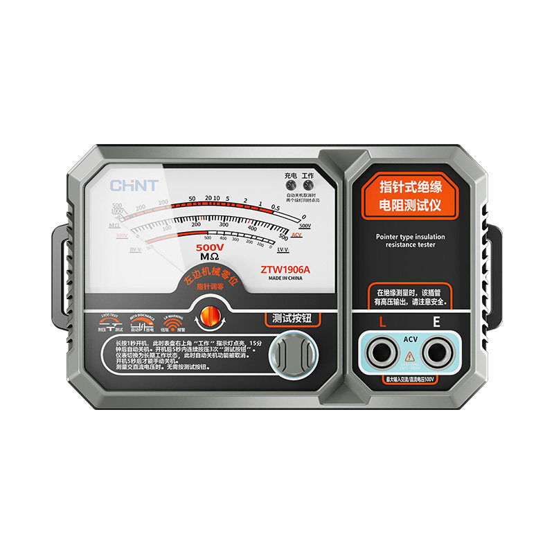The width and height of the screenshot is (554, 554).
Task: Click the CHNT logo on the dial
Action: [x=134, y=186]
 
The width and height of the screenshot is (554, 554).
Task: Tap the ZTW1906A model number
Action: [x=285, y=269]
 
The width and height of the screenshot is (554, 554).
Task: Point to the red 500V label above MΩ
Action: [x=210, y=247]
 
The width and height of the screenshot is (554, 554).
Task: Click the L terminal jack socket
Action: [x=381, y=352]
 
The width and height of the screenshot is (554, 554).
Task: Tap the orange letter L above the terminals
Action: [x=382, y=322]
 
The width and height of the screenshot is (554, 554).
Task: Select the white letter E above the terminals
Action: [x=436, y=322]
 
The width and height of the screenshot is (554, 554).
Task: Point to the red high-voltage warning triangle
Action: [x=409, y=356]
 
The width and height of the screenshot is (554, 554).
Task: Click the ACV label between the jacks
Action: [x=409, y=339]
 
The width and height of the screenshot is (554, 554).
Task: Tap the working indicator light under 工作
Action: [x=307, y=186]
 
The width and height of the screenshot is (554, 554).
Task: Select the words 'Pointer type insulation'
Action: [x=411, y=237]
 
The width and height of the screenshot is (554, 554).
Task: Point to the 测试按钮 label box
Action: [x=294, y=319]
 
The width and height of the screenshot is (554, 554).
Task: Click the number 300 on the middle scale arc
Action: [x=224, y=224]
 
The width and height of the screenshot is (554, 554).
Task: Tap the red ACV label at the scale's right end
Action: [x=297, y=235]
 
